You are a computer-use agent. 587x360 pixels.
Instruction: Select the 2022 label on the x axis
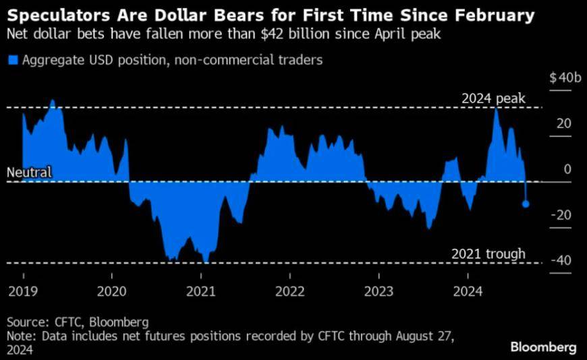pos(289,291)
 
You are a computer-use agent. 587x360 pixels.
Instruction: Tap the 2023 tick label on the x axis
pos(379,291)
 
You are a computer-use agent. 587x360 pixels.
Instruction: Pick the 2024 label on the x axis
pos(468,291)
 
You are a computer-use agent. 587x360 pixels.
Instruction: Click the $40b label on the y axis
pos(565,78)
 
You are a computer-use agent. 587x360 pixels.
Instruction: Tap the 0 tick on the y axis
pos(567,169)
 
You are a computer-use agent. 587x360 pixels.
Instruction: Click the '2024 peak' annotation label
pos(493,99)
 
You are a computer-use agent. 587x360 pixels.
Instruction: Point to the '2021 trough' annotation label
pos(488,254)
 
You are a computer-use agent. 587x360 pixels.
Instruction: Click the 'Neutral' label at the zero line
pos(29,173)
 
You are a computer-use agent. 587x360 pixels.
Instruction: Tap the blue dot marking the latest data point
pos(526,204)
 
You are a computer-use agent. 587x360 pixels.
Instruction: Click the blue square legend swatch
pos(12,61)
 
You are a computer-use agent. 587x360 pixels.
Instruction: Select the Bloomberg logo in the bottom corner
pos(544,348)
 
